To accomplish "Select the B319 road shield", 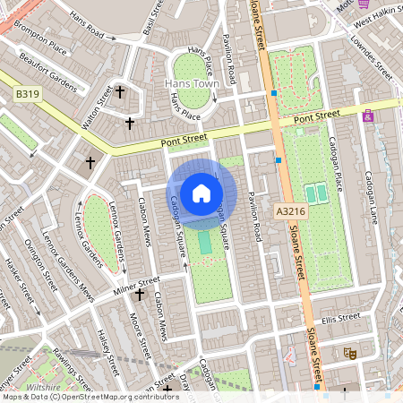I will point(27,93).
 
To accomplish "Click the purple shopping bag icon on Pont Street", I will point(368,116).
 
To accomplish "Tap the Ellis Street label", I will point(340,318).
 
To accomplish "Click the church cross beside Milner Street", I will point(139,294).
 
